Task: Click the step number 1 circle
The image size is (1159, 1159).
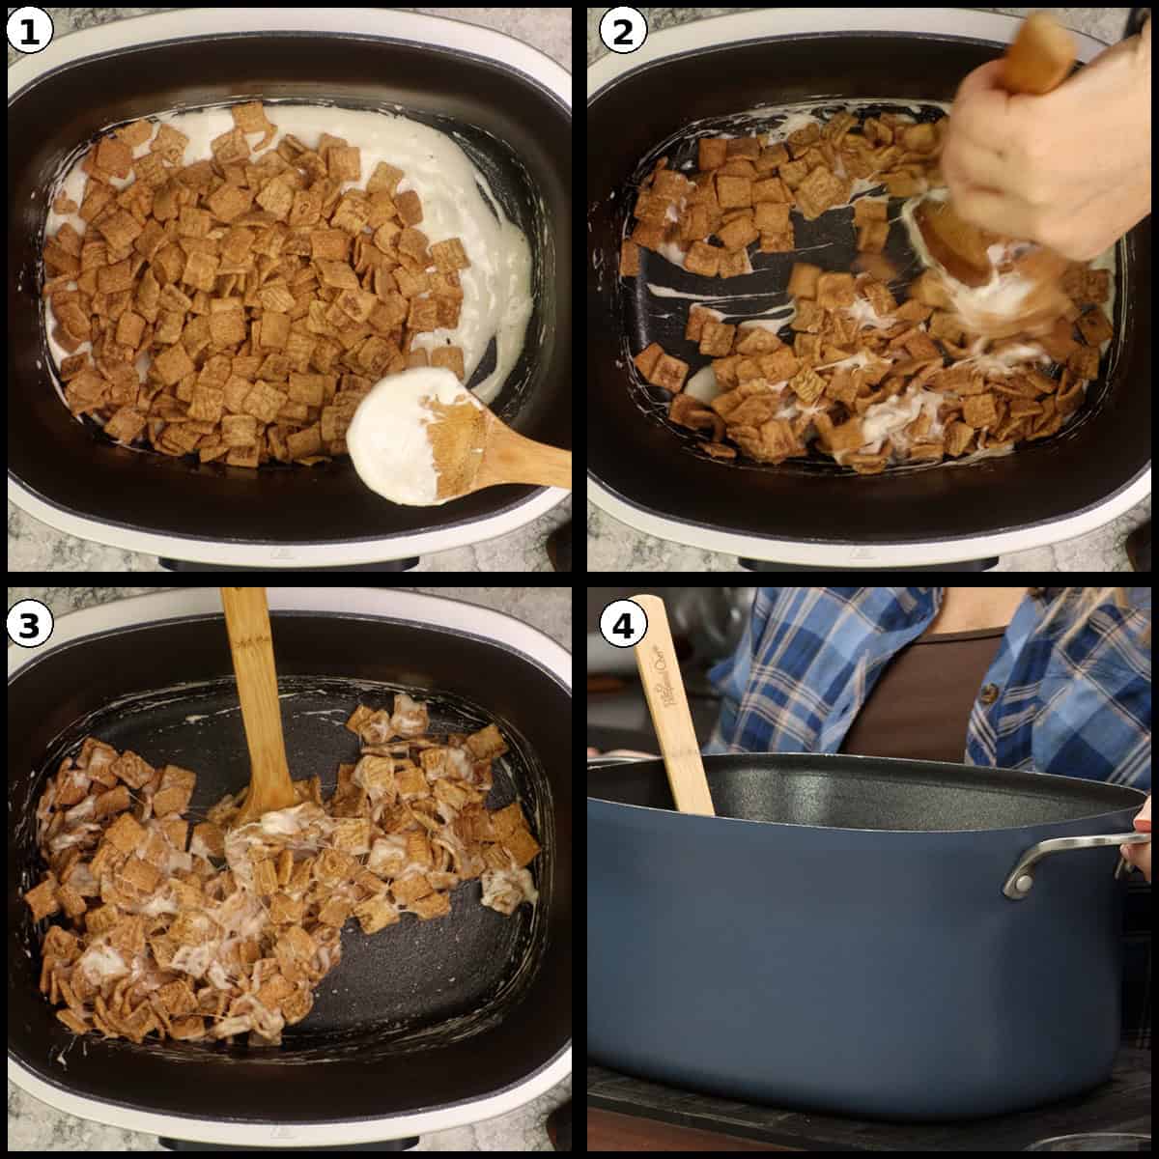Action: coord(29,33)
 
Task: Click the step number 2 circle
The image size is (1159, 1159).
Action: coord(622,33)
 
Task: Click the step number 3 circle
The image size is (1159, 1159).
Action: coord(29,626)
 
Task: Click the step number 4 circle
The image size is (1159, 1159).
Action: coord(622,626)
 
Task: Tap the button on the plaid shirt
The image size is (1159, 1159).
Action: coord(988,693)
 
